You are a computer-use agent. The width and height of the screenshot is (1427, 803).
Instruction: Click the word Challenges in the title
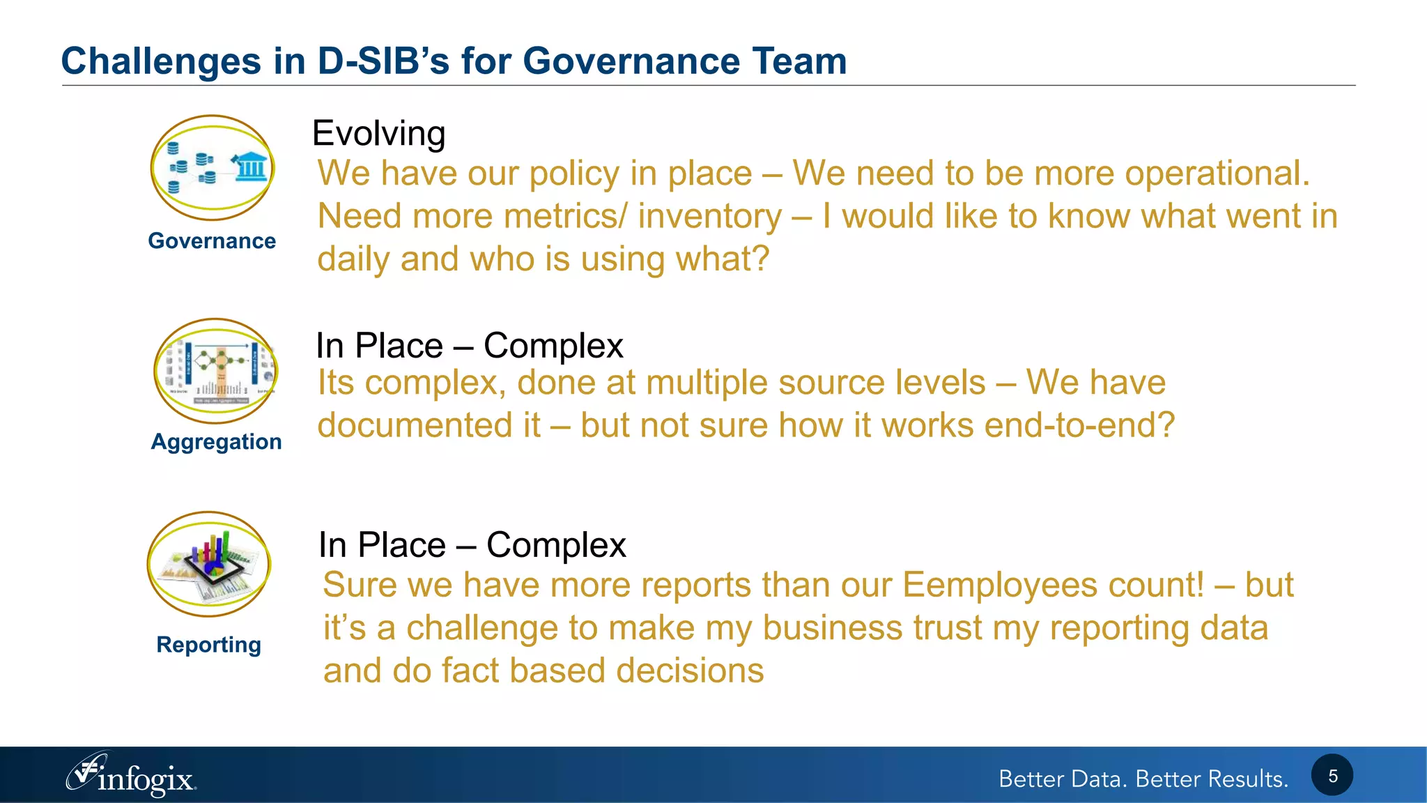click(160, 61)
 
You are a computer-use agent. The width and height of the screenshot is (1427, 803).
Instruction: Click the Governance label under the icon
click(212, 241)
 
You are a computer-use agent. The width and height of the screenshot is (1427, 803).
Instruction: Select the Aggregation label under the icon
click(216, 442)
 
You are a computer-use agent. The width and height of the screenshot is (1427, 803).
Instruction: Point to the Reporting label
click(209, 645)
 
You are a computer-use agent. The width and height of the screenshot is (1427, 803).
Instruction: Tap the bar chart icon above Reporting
click(209, 563)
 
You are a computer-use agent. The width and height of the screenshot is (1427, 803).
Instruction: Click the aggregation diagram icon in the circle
click(216, 371)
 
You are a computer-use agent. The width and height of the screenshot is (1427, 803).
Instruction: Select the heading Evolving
click(378, 133)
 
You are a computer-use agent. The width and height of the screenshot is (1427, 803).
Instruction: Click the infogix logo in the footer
click(132, 776)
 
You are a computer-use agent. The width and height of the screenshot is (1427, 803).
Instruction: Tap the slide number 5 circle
click(1332, 776)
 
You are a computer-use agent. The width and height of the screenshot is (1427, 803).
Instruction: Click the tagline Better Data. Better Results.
click(1143, 779)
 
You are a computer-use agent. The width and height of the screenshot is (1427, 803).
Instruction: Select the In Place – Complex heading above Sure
click(472, 545)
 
